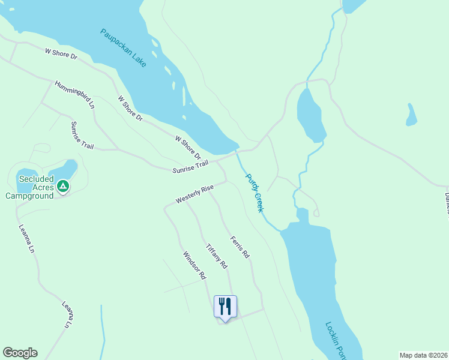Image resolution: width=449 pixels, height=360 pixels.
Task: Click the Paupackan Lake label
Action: pyautogui.click(x=123, y=47)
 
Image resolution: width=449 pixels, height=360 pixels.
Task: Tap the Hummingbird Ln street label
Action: pyautogui.click(x=74, y=94)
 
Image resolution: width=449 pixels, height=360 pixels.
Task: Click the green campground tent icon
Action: pyautogui.click(x=63, y=187)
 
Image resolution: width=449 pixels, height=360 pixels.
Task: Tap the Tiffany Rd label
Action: pyautogui.click(x=216, y=256)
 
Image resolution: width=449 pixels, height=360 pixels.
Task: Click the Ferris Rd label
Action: pyautogui.click(x=240, y=247)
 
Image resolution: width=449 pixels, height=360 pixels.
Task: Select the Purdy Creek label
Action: pyautogui.click(x=254, y=193)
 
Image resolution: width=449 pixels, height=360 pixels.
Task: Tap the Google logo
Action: pyautogui.click(x=20, y=353)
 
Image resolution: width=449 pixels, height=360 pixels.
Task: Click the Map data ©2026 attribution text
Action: pyautogui.click(x=423, y=355)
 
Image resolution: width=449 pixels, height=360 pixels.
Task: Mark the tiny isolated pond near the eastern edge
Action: pyautogui.click(x=411, y=115)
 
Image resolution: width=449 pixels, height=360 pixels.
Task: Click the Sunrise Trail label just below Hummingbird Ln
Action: pyautogui.click(x=82, y=136)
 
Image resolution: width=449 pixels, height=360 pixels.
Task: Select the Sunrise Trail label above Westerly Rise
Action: pyautogui.click(x=190, y=167)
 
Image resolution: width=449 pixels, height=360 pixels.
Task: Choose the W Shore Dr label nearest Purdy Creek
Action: pyautogui.click(x=187, y=147)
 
